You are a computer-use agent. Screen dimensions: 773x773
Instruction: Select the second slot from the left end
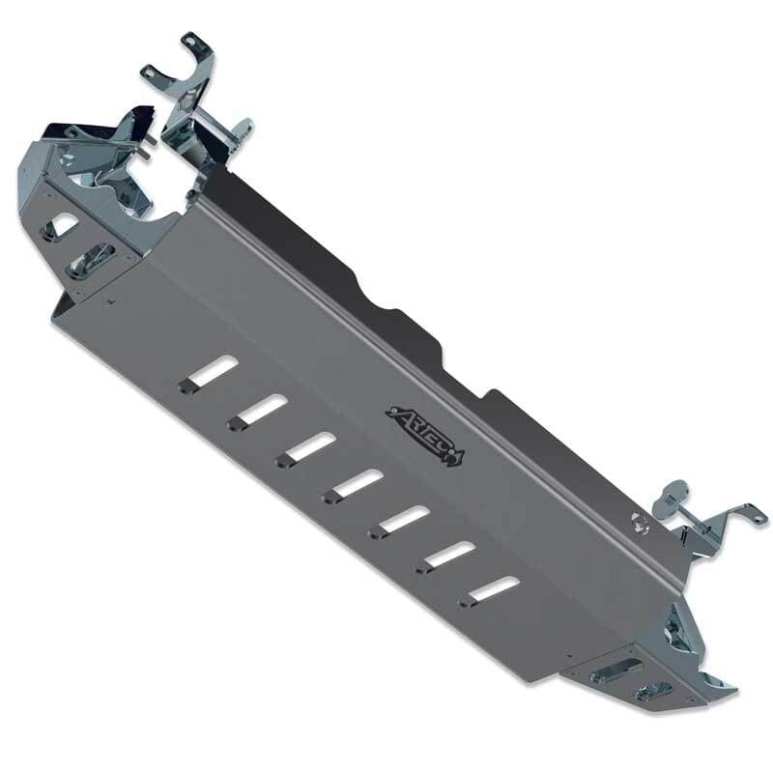click(259, 411)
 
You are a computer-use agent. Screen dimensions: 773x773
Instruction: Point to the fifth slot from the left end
click(401, 520)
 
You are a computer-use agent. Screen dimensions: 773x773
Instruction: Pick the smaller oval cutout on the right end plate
click(654, 690)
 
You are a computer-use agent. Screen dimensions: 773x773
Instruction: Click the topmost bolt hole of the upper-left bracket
click(189, 41)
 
